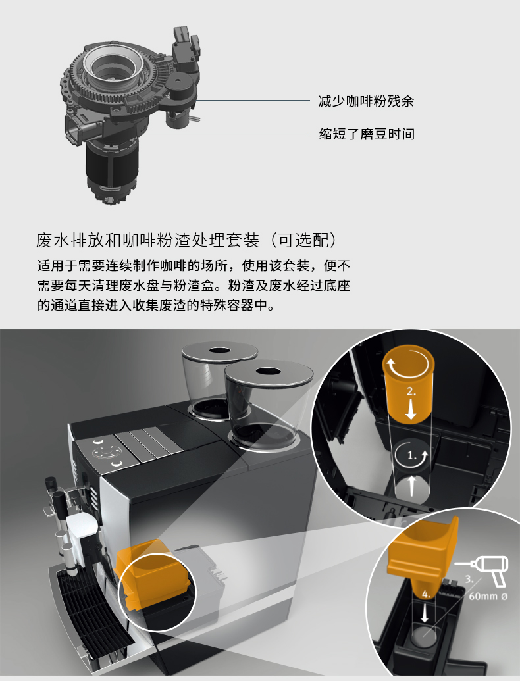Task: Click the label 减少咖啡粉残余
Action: (x=366, y=101)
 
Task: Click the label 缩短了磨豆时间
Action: (x=366, y=134)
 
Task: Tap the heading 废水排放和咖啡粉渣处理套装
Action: (x=147, y=240)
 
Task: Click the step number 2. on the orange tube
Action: (x=411, y=391)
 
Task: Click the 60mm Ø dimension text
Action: (x=488, y=596)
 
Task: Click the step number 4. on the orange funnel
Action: (x=426, y=594)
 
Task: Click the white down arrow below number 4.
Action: (x=425, y=613)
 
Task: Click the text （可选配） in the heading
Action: (x=303, y=240)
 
